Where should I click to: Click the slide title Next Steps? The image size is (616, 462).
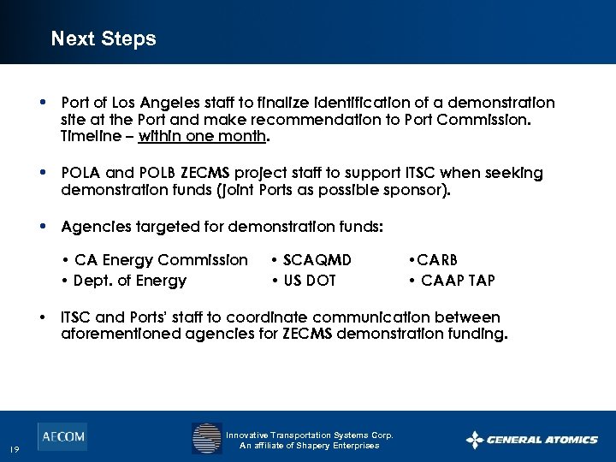click(104, 38)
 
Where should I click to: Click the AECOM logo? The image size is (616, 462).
click(62, 436)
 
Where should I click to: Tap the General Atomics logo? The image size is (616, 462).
click(531, 440)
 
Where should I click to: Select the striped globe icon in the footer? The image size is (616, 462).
click(206, 439)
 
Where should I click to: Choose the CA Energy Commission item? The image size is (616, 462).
click(160, 259)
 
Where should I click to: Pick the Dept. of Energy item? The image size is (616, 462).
click(129, 280)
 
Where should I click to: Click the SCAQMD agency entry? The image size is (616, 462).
click(316, 259)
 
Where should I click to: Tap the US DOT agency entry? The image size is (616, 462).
click(309, 280)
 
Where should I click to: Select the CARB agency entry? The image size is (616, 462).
click(439, 259)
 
